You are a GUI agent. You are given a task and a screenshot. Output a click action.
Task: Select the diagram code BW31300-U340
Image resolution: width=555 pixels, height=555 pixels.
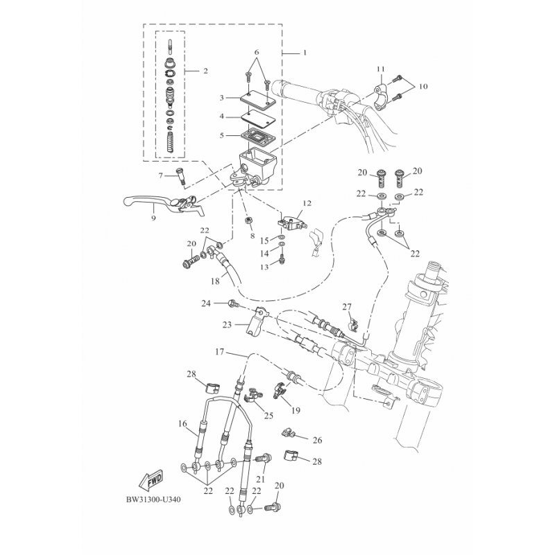click(153, 499)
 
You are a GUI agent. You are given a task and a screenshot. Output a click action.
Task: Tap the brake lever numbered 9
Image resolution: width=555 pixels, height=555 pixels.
click(164, 205)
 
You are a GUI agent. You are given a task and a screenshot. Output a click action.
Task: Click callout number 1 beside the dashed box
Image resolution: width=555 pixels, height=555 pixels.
click(305, 53)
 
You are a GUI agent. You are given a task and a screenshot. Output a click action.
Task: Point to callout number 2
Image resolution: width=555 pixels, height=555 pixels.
click(205, 71)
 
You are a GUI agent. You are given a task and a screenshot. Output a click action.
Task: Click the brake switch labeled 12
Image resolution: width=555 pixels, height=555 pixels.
click(292, 223)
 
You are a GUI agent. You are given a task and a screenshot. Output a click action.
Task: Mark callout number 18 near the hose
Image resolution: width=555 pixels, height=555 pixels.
click(215, 282)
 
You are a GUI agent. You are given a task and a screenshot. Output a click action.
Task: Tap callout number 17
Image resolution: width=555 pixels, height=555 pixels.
click(219, 352)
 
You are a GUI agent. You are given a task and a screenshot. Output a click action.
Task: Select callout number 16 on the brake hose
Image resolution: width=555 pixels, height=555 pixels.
click(182, 424)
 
